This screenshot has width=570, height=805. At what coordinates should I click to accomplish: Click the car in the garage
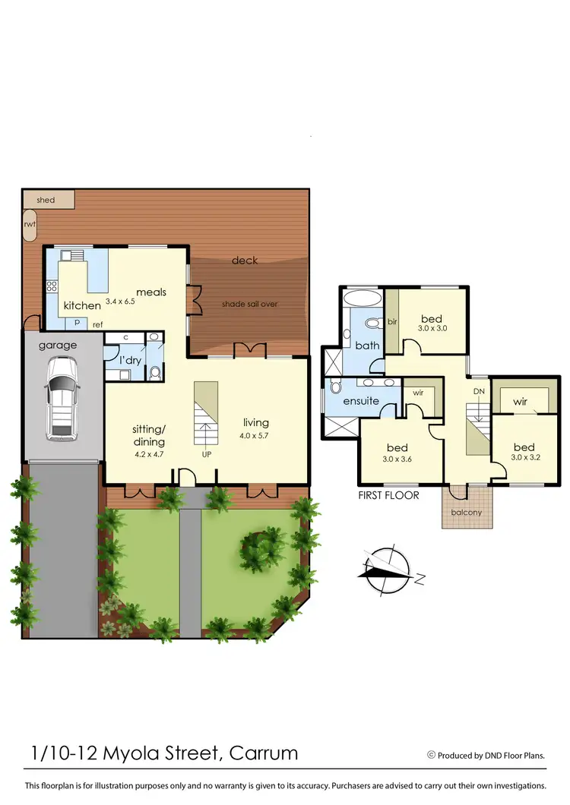click(x=61, y=398)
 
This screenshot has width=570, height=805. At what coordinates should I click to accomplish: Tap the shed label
click(x=46, y=200)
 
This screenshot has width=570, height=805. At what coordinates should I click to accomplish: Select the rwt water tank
click(x=30, y=225)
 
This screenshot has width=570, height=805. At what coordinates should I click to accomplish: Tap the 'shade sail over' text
click(x=249, y=304)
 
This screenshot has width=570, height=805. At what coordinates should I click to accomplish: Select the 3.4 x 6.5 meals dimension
click(x=120, y=301)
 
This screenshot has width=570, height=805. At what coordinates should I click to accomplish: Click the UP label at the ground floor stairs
click(x=205, y=455)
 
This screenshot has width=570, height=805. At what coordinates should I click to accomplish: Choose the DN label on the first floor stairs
click(x=479, y=391)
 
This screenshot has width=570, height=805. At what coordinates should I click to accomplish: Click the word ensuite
click(x=361, y=400)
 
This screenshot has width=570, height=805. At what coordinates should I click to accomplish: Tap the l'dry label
click(x=130, y=360)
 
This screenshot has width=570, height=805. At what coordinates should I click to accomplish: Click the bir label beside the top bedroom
click(x=392, y=321)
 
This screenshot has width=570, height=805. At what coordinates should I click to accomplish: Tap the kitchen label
click(x=82, y=305)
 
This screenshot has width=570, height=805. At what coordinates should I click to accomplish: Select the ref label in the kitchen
click(x=98, y=325)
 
